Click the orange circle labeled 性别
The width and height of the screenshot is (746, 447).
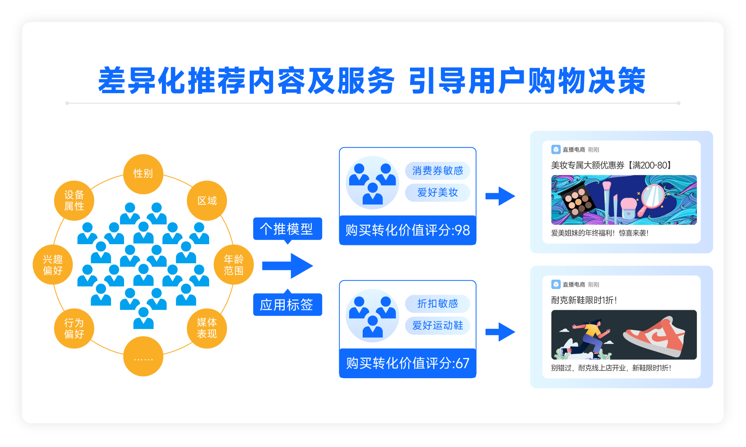[143, 174]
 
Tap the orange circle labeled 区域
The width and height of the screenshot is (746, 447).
[207, 200]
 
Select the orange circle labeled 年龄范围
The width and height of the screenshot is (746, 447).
[233, 264]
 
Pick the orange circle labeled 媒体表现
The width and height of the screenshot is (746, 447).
[207, 328]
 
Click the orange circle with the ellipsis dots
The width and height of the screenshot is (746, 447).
[143, 356]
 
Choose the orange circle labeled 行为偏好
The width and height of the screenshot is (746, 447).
[74, 328]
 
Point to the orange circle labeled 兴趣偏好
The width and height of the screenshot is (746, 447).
[53, 264]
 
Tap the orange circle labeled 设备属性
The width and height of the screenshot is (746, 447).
[74, 200]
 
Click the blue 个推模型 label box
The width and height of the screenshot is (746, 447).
[288, 229]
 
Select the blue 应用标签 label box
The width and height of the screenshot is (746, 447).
[288, 304]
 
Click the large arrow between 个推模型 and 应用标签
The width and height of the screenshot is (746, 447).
[288, 266]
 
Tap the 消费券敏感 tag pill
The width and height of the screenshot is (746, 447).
[437, 171]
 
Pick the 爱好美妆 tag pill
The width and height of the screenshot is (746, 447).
[437, 192]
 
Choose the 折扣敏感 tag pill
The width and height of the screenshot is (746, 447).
[437, 304]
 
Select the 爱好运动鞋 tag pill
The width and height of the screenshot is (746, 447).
[437, 326]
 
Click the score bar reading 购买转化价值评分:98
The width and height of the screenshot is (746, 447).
[408, 230]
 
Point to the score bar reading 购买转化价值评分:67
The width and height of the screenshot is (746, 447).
[408, 363]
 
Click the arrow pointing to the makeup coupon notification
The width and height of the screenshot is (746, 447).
[500, 196]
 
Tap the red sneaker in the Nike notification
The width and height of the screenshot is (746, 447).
[654, 336]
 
